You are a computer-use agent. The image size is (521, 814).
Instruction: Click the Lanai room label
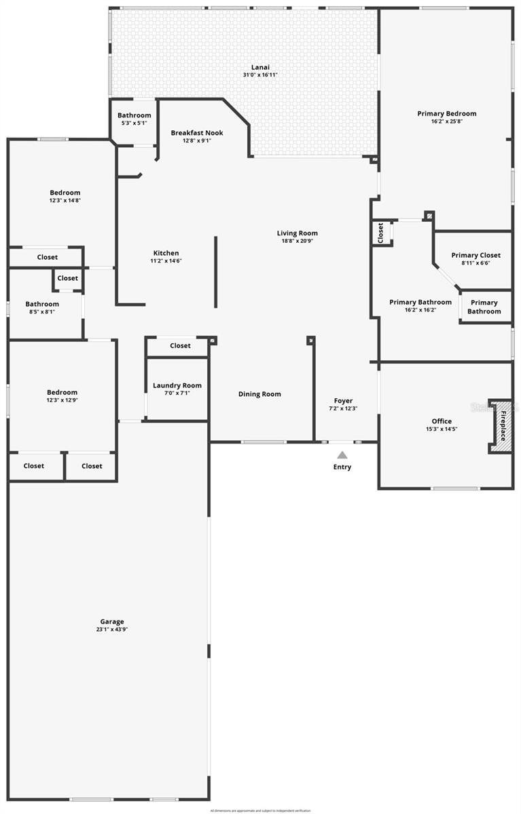coord(260,66)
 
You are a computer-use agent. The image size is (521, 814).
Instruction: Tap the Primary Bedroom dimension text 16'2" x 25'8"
coord(446,121)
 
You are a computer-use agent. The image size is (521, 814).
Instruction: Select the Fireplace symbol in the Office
coord(501,426)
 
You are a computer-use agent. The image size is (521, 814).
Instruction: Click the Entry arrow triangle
coord(342,455)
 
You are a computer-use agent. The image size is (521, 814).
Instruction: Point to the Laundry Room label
coord(177,385)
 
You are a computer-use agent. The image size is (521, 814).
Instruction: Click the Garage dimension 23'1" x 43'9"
coord(112,629)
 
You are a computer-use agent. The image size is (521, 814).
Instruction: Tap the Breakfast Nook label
coord(197,133)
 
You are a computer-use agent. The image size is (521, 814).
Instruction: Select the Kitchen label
coord(166,253)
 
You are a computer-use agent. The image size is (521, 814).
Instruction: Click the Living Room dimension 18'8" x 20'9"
coord(298,241)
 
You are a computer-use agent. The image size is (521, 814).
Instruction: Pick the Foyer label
coord(343,400)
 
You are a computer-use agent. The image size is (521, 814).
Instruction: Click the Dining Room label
coord(259,394)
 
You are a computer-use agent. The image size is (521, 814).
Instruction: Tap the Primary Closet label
coord(475,255)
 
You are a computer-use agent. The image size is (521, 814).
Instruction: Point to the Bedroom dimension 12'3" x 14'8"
coord(65,201)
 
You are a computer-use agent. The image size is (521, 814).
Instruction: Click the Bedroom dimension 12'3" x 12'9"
coord(62,400)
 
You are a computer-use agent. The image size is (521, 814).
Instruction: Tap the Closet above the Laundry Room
coord(180,346)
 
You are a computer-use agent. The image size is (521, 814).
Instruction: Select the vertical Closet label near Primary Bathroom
coord(381,233)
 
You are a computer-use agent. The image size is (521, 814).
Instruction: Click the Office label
coord(442,421)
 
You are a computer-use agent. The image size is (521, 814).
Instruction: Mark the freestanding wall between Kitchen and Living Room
coord(216,271)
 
